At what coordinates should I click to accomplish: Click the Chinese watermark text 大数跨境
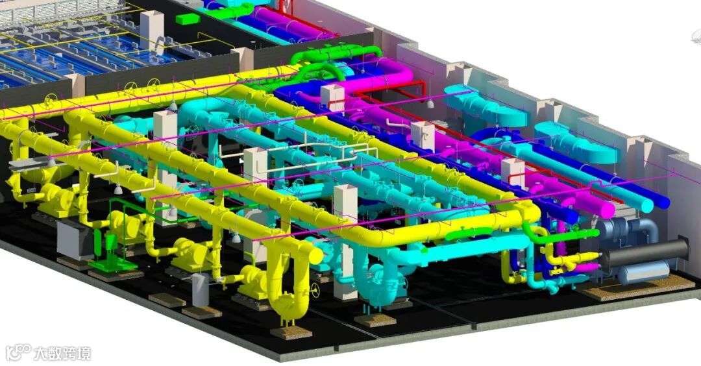[62, 354]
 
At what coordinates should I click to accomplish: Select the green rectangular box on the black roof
[188, 19]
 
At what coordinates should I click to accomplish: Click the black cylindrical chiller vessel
[645, 253]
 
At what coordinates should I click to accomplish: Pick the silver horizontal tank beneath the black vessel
[644, 272]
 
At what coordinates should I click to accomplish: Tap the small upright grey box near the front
[201, 289]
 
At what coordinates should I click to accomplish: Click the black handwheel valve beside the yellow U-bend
[316, 290]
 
